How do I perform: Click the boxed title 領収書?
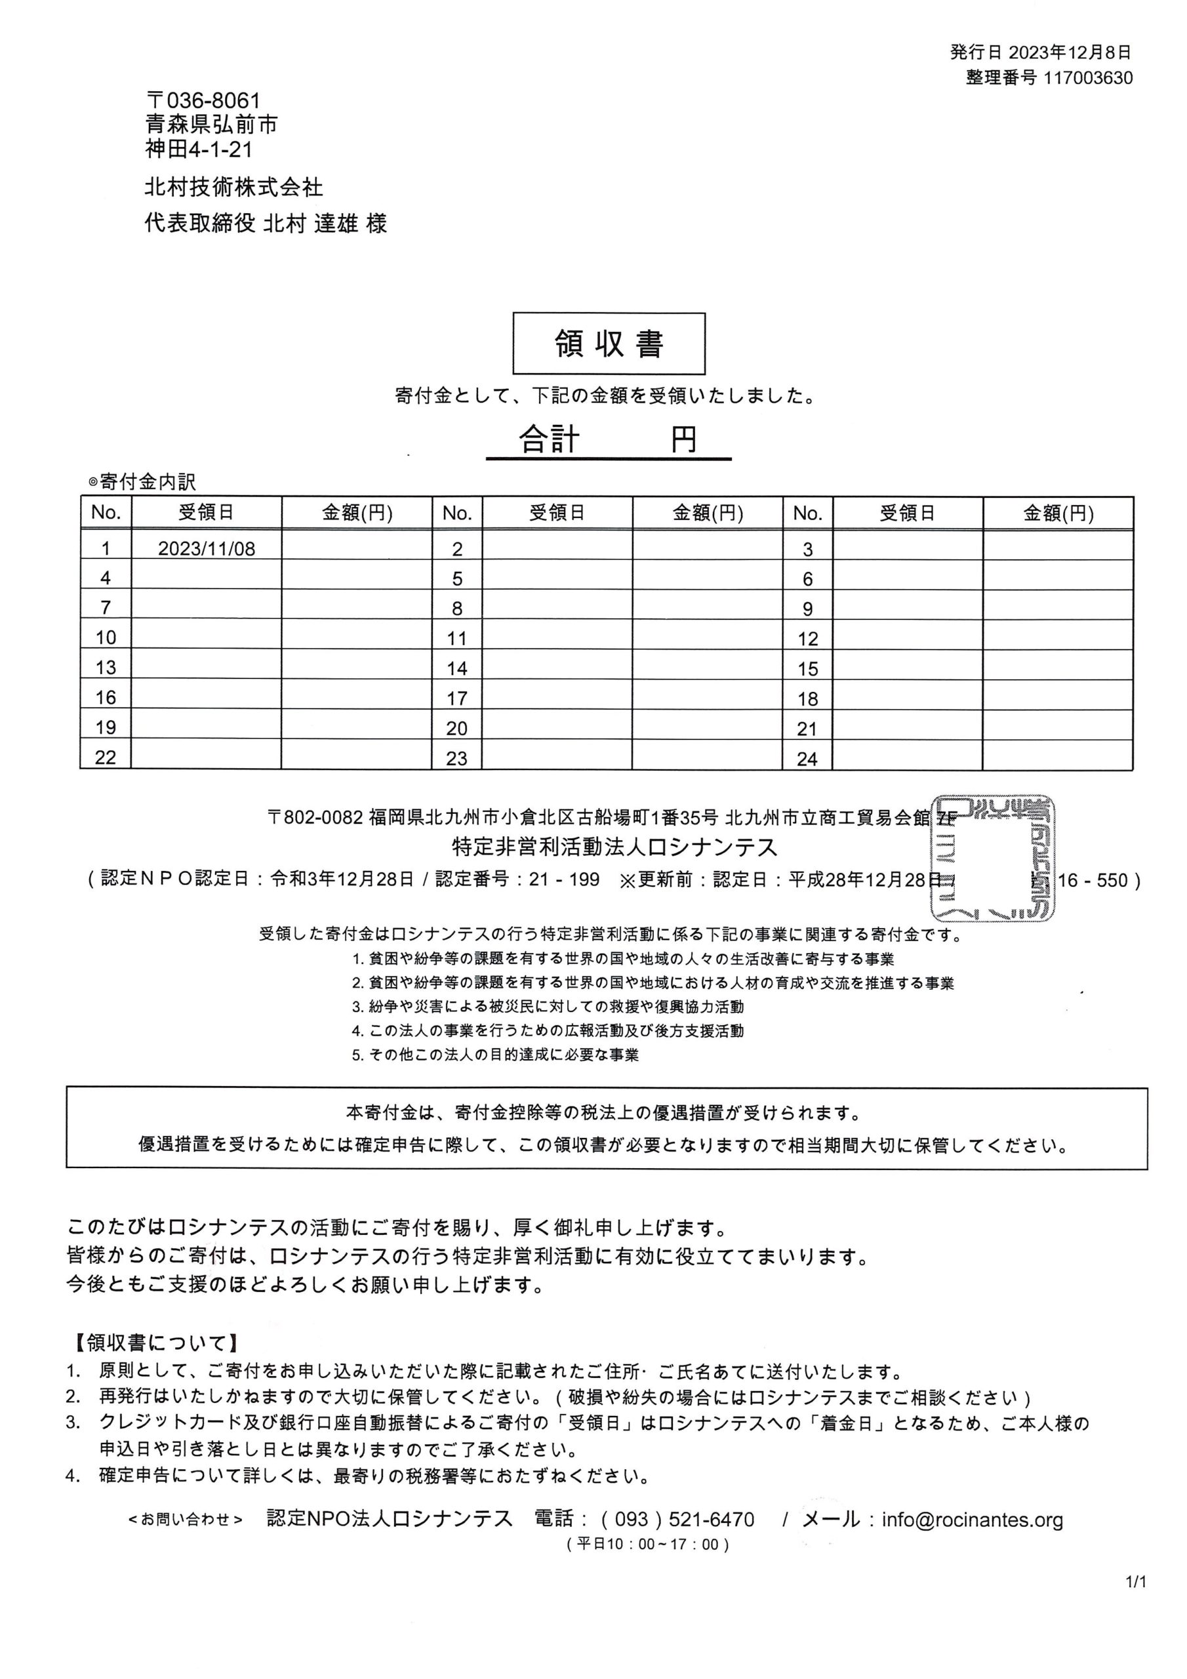(x=609, y=344)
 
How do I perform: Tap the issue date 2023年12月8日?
(x=1070, y=52)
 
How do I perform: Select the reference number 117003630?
(x=1088, y=77)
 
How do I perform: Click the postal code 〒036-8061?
(x=203, y=100)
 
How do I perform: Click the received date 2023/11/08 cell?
(x=206, y=548)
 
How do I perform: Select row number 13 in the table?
(x=106, y=668)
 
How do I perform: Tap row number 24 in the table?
(x=807, y=758)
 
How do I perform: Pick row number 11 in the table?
(x=456, y=638)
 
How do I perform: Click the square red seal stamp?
(x=992, y=858)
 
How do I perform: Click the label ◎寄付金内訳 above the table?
(x=142, y=482)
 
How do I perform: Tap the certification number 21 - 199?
(x=564, y=879)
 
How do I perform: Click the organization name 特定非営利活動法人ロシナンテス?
(x=614, y=847)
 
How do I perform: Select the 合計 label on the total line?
(x=550, y=439)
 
